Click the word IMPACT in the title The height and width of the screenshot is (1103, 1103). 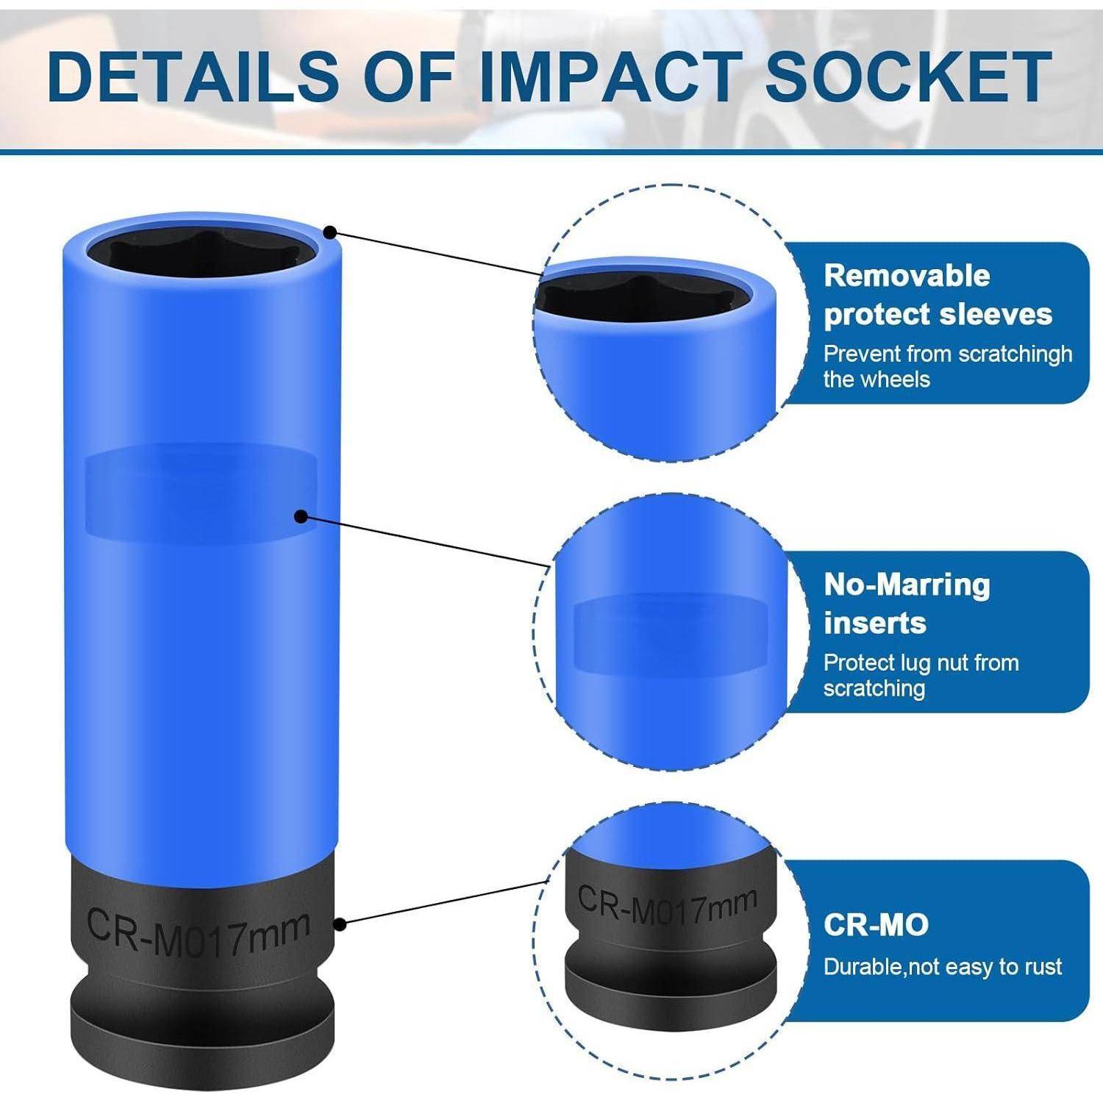pos(608,76)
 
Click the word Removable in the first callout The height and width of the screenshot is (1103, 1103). pos(907,276)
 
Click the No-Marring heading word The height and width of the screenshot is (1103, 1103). pos(907,585)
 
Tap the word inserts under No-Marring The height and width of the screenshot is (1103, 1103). pos(874,623)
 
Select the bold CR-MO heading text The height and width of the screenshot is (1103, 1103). pos(876,924)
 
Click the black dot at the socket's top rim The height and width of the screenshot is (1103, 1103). pos(331,232)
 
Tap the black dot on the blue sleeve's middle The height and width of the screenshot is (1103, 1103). pos(300,517)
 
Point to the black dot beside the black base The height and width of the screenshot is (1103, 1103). pos(339,924)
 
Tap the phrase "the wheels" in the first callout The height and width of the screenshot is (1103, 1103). pos(877,379)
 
